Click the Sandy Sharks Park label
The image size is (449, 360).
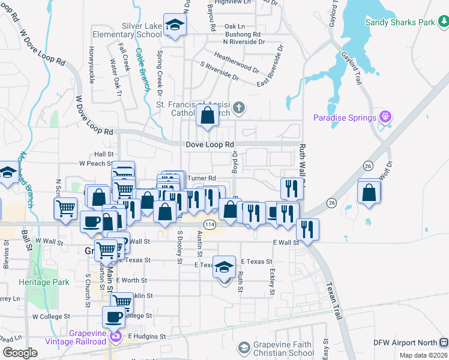click(x=400, y=22)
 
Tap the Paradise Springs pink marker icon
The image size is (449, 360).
click(x=385, y=117)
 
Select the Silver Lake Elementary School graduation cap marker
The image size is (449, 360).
click(x=175, y=25)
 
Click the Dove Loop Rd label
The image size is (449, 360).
click(x=209, y=145)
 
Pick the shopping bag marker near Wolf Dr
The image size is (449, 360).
click(x=369, y=192)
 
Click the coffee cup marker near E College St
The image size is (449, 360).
click(x=113, y=317)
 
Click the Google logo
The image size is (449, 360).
click(x=20, y=353)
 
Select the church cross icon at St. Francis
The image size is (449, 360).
click(x=239, y=108)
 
